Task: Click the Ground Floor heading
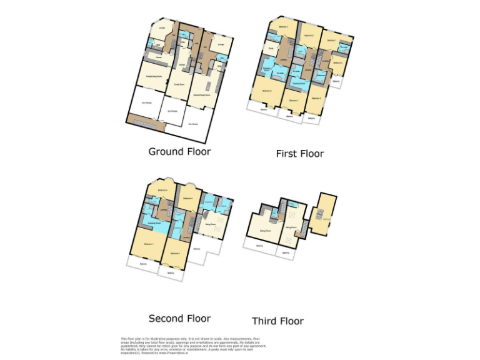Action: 179,151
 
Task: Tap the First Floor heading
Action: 300,153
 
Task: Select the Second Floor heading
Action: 179,318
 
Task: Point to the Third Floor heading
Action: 277,321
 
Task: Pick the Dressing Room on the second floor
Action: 152,222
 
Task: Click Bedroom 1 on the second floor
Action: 149,243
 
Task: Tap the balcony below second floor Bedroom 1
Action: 143,264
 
